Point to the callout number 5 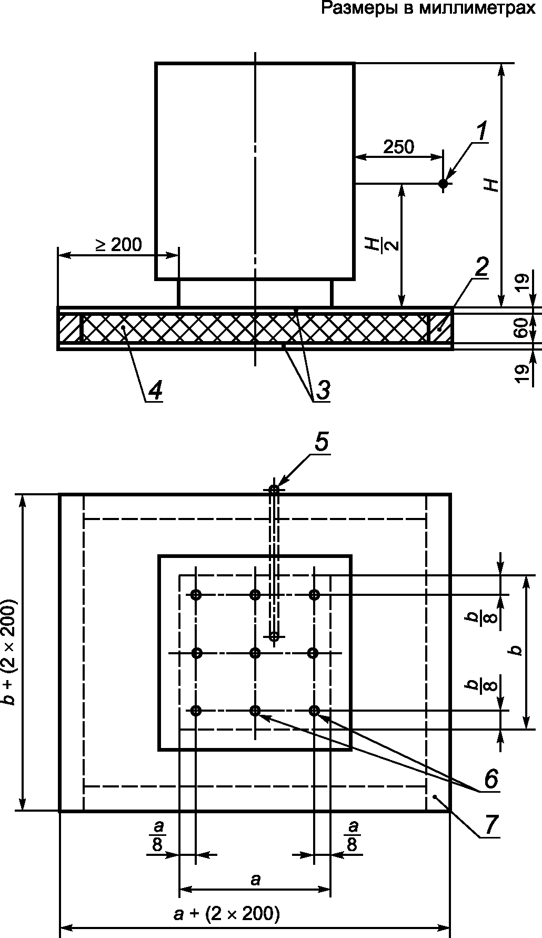coord(322,442)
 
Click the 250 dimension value coord(398,147)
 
